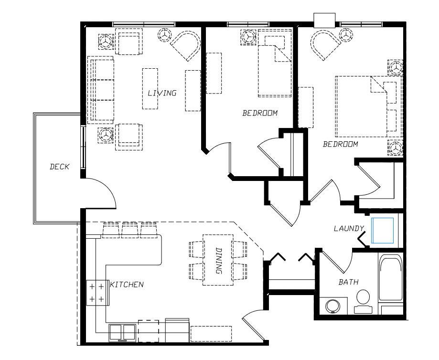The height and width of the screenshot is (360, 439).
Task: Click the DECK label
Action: pyautogui.click(x=59, y=167)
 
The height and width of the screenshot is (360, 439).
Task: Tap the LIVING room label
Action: pyautogui.click(x=162, y=93)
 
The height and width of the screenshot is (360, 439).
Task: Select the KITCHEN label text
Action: pyautogui.click(x=127, y=285)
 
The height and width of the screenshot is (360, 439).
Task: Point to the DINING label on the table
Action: pyautogui.click(x=219, y=261)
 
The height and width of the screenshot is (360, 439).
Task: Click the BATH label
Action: pyautogui.click(x=349, y=282)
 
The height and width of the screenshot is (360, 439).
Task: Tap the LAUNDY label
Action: pyautogui.click(x=349, y=228)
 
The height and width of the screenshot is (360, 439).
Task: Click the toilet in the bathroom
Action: pyautogui.click(x=364, y=301)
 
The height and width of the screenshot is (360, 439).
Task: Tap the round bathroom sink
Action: pyautogui.click(x=333, y=307)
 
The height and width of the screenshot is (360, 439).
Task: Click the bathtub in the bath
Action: pyautogui.click(x=391, y=279)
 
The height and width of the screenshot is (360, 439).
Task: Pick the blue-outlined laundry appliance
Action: pyautogui.click(x=383, y=231)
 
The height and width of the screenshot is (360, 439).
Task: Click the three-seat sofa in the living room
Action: pyautogui.click(x=101, y=90)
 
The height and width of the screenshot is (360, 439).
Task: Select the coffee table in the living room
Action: pyautogui.click(x=150, y=89)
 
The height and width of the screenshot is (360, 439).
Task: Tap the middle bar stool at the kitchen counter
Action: pyautogui.click(x=130, y=230)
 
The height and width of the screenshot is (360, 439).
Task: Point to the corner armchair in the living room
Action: pyautogui.click(x=186, y=45)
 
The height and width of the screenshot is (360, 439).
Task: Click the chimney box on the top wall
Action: pyautogui.click(x=324, y=21)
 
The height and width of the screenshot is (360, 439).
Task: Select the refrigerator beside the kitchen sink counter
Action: pyautogui.click(x=177, y=330)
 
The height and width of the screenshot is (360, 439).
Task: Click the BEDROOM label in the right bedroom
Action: pyautogui.click(x=341, y=144)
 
